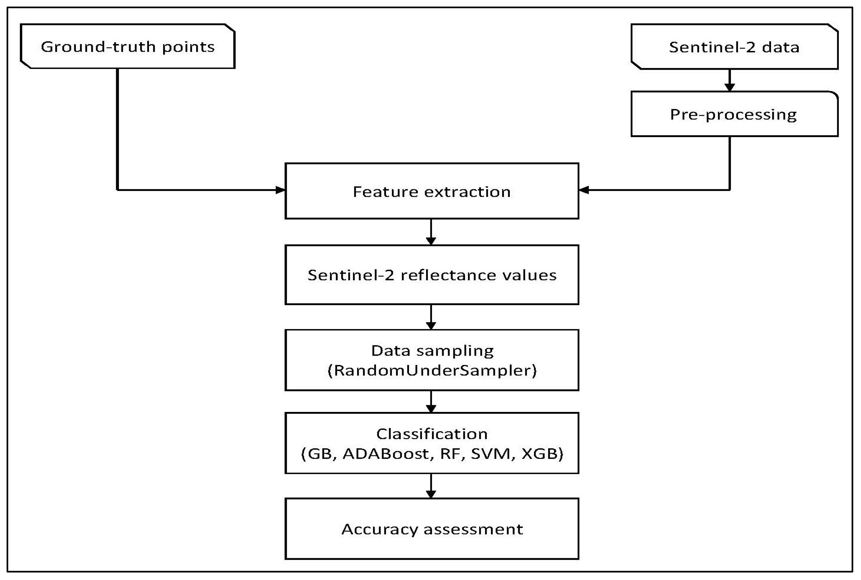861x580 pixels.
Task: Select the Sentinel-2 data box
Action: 734,47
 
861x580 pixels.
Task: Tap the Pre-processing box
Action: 734,114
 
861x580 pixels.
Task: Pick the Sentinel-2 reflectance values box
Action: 432,275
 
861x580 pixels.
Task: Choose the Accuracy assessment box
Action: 432,529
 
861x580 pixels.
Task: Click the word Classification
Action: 432,434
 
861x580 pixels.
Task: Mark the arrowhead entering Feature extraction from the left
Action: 280,190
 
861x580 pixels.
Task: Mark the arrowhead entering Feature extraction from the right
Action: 584,190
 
